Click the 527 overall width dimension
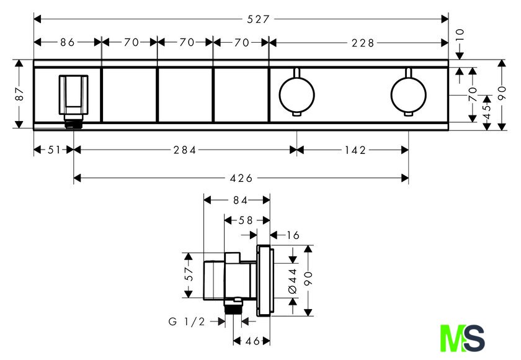[258, 19]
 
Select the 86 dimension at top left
[68, 42]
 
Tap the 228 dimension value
[363, 43]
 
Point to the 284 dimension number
[185, 150]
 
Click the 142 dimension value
[355, 150]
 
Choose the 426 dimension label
[241, 179]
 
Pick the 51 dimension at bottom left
[54, 150]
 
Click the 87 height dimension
[19, 94]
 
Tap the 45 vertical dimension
[487, 111]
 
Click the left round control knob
[296, 94]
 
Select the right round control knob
[408, 94]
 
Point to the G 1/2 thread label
[187, 322]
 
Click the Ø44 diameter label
[293, 281]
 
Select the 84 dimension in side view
[240, 200]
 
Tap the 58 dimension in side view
[246, 220]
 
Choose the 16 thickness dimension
[293, 235]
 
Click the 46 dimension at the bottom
[252, 341]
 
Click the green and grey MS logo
[462, 338]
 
